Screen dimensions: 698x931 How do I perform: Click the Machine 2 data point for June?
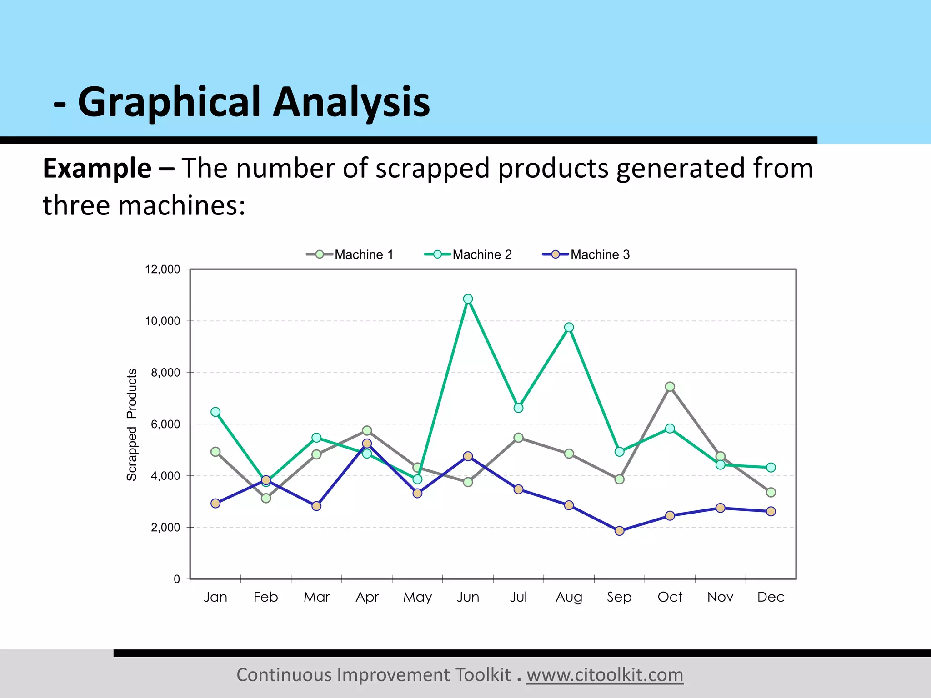pos(468,299)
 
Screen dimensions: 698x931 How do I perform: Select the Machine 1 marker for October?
pos(670,387)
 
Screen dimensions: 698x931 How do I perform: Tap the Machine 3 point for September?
pos(619,531)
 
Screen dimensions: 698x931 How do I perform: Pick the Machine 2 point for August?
pos(569,328)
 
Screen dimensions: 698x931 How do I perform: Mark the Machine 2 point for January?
pos(215,412)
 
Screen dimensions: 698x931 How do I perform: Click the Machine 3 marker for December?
pos(771,511)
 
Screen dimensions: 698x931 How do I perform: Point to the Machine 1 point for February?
pos(266,498)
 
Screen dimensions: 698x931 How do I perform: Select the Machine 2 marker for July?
pos(518,408)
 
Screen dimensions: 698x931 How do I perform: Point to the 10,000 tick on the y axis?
pos(162,321)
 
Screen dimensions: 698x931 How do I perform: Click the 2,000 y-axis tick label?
pos(165,528)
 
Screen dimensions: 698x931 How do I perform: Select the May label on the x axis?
pos(417,597)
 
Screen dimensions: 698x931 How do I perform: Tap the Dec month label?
pos(771,597)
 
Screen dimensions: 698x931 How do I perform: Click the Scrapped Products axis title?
pos(131,424)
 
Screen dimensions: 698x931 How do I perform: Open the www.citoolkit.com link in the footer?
pos(605,675)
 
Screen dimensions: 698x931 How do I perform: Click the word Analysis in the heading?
pos(351,102)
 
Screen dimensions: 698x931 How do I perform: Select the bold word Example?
pos(97,168)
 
